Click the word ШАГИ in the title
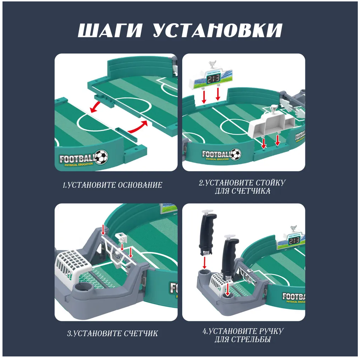pyautogui.click(x=111, y=31)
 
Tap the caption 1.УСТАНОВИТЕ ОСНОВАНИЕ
pyautogui.click(x=112, y=185)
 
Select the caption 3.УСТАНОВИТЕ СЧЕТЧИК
pyautogui.click(x=112, y=334)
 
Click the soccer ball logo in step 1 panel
pyautogui.click(x=102, y=156)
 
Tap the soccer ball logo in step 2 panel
pyautogui.click(x=236, y=154)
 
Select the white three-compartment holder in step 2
pyautogui.click(x=271, y=125)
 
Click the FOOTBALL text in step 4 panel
pyautogui.click(x=293, y=296)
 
